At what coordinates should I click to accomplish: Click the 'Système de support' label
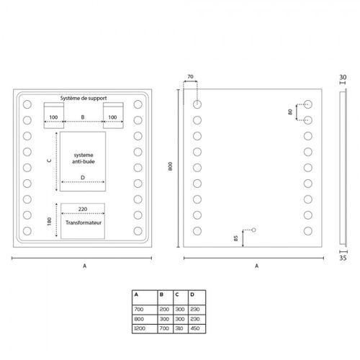[x=84, y=98]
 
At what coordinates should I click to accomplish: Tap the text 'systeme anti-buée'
[x=84, y=158]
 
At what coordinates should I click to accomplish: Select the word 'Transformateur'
[x=84, y=222]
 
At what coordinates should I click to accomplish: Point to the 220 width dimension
[x=83, y=209]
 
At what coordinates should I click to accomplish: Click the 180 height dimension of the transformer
[x=50, y=221]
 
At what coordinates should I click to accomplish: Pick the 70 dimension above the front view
[x=190, y=77]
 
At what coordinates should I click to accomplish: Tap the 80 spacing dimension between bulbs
[x=290, y=112]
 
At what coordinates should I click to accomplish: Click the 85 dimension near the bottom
[x=235, y=238]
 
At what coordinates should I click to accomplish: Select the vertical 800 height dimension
[x=170, y=166]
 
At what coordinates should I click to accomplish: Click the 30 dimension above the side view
[x=343, y=77]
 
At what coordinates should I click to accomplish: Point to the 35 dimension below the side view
[x=343, y=258]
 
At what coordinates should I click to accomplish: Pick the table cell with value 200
[x=164, y=309]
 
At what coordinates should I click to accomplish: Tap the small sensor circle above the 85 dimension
[x=253, y=230]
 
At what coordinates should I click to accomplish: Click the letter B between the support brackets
[x=83, y=117]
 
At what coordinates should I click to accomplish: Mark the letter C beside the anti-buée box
[x=50, y=161]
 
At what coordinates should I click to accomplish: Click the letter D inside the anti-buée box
[x=83, y=178]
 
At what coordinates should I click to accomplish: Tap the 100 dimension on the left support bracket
[x=53, y=117]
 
